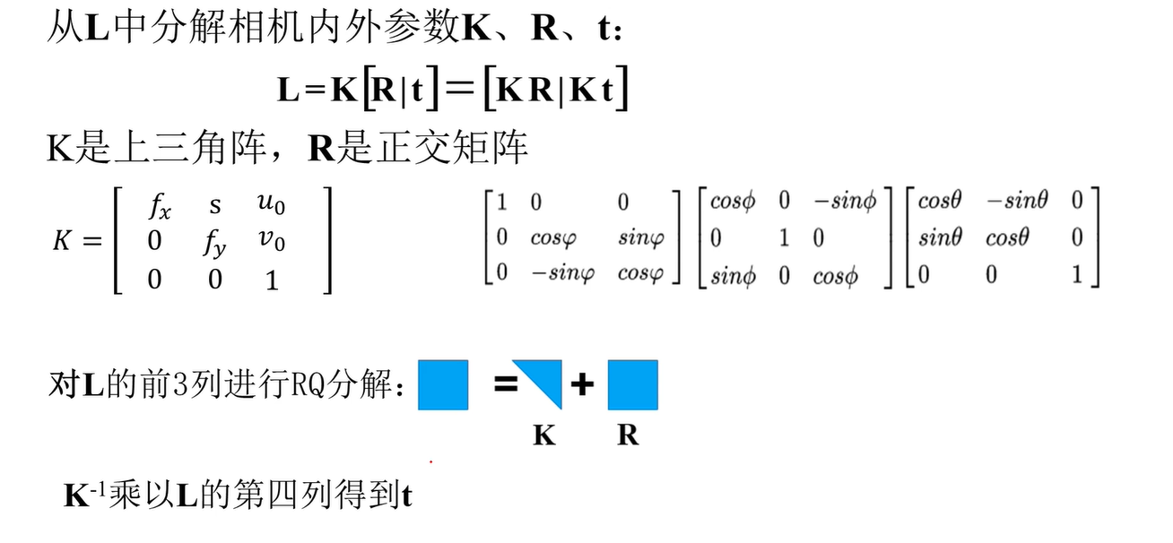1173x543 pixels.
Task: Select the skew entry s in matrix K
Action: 215,205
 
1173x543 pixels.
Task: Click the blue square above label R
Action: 632,384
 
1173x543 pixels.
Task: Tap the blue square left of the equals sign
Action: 443,384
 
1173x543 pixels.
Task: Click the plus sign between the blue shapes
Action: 583,385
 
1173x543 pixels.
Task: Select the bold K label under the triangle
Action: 544,435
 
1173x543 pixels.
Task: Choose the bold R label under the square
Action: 628,435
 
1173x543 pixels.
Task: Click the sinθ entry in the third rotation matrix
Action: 939,237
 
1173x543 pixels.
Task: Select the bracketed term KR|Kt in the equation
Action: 555,91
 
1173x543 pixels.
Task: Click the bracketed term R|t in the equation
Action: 399,91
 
